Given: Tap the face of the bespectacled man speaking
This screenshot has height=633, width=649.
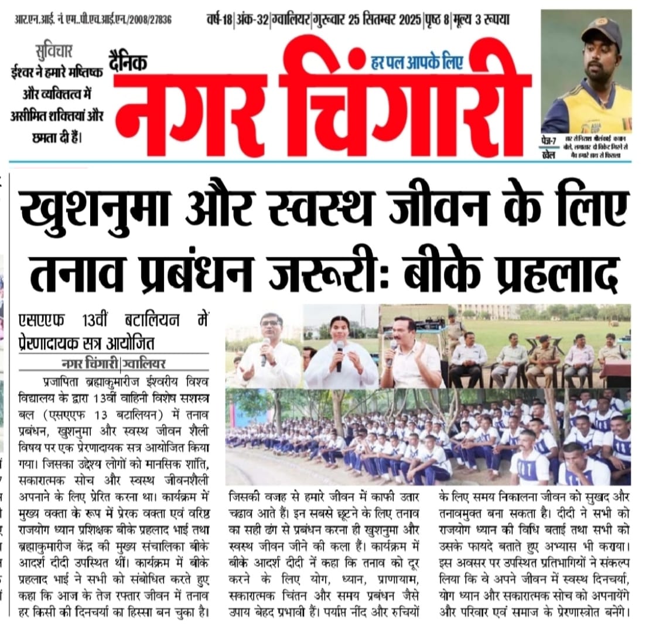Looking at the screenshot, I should coord(271,330).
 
